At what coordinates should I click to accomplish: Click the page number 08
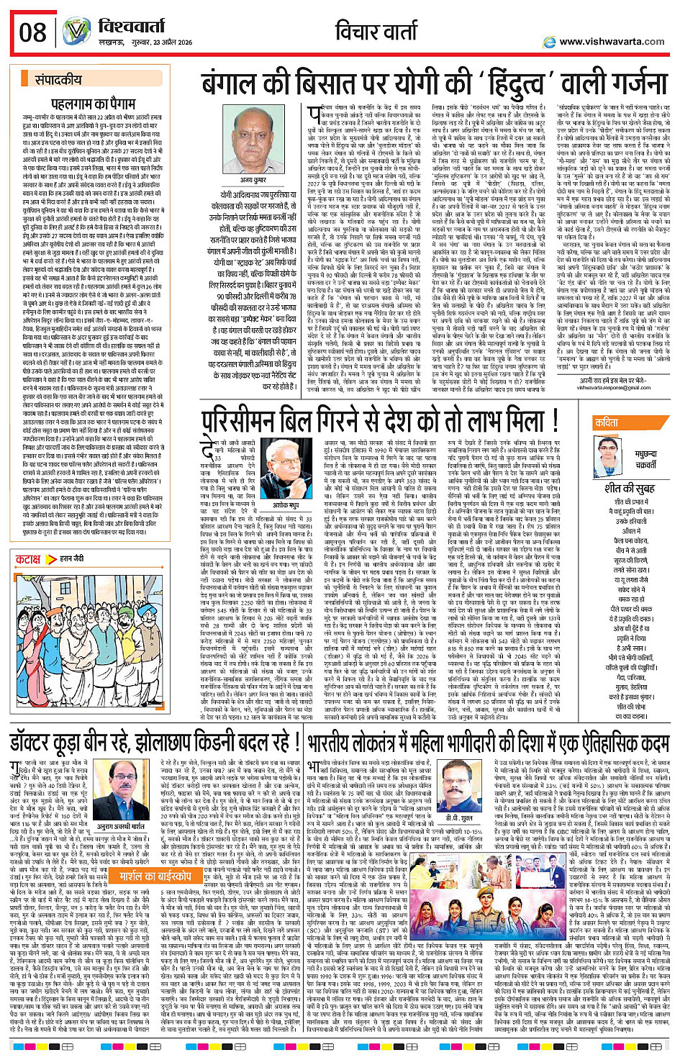pos(33,32)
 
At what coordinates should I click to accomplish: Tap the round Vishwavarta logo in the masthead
pos(76,32)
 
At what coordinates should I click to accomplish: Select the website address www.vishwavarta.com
pos(611,42)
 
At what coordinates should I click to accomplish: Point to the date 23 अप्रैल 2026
pos(169,42)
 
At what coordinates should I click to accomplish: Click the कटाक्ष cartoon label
pos(29,558)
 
